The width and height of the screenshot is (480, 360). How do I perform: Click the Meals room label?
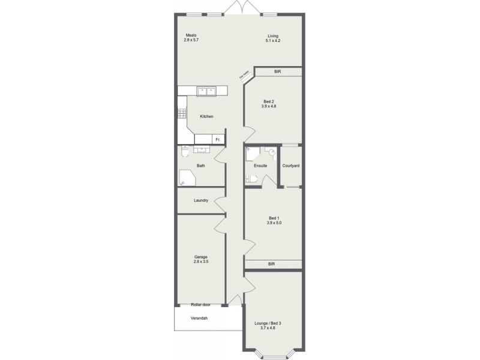tap(191, 35)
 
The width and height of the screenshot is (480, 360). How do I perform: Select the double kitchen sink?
tap(208, 91)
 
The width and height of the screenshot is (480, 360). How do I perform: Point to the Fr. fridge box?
tap(218, 139)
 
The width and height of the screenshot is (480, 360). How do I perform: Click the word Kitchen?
tap(206, 116)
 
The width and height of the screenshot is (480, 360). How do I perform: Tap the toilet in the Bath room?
tap(185, 153)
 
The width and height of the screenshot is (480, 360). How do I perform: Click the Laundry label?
tap(201, 200)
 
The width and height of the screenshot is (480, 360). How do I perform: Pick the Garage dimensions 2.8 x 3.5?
tap(201, 262)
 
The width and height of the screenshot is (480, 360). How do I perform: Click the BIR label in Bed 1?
tap(271, 264)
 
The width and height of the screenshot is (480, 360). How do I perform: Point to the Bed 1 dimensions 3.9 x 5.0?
tap(274, 223)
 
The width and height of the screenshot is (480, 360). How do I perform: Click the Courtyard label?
tap(290, 166)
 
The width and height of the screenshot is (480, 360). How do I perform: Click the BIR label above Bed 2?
tap(277, 71)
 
